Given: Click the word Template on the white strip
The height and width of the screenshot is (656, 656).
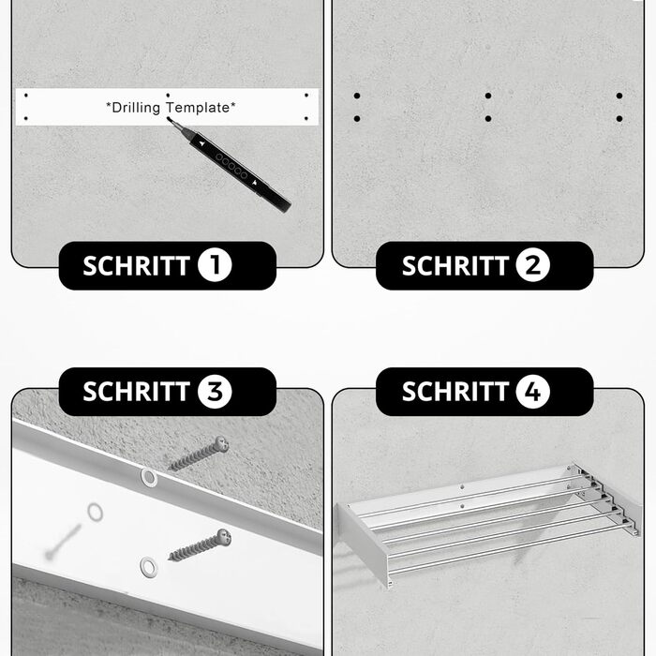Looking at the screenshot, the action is pos(199,108).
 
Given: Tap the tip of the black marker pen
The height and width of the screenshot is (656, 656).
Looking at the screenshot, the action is pos(169,120).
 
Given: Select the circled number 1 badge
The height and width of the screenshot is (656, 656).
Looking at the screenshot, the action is pos(215,265).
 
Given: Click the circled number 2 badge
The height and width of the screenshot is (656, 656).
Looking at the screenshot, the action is pos(532,265).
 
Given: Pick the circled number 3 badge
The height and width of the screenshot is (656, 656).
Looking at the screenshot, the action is pos(215,392).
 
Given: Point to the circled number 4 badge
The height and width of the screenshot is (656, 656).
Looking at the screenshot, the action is pos(532,392).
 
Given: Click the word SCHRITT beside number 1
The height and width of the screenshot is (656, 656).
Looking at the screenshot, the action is pos(137,265).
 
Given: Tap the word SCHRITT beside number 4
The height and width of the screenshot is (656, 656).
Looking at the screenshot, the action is pos(455,392).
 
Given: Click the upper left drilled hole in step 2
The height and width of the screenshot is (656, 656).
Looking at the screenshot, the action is pos(357,96).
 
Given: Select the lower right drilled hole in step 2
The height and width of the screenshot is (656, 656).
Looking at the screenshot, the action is pos(619,119).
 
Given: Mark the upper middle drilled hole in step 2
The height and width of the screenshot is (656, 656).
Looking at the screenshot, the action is pos(488,96).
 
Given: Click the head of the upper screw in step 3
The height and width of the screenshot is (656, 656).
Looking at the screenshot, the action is pos(221,444).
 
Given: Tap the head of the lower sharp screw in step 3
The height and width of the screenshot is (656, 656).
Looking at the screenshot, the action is pos(224,537).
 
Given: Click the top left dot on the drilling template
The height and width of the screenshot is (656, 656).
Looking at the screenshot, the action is pos(26,96).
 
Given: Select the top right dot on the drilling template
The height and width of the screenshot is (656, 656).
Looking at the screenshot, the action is pos(306,96).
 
